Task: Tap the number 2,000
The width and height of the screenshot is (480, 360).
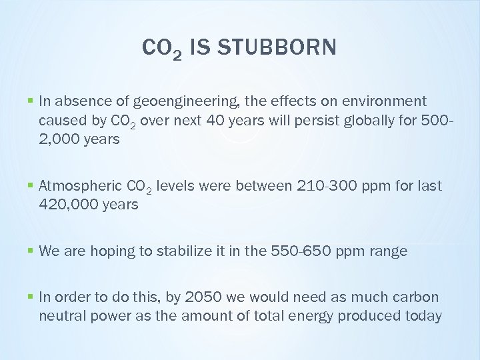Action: [x=58, y=139]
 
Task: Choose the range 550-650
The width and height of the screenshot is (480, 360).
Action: [x=301, y=251]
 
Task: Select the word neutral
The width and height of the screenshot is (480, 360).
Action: [x=61, y=316]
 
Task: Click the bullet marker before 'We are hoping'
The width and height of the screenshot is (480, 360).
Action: [x=32, y=251]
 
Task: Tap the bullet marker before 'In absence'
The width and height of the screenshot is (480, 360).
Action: [x=32, y=101]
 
